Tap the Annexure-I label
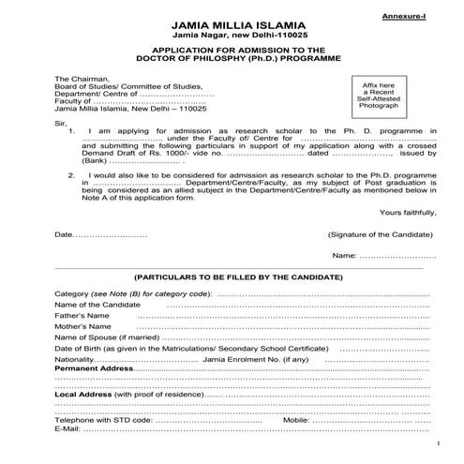tap(408, 18)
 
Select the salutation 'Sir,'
tap(62, 122)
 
